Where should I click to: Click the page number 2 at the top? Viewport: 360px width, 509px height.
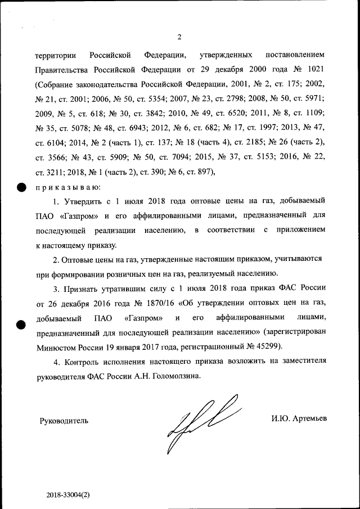tap(179, 38)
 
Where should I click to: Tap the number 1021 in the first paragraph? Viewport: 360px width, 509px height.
tap(313, 69)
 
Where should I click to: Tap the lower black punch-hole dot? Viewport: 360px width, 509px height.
tap(20, 325)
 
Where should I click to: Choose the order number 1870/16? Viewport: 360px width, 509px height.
tap(153, 303)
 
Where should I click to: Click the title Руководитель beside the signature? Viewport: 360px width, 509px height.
tap(64, 420)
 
